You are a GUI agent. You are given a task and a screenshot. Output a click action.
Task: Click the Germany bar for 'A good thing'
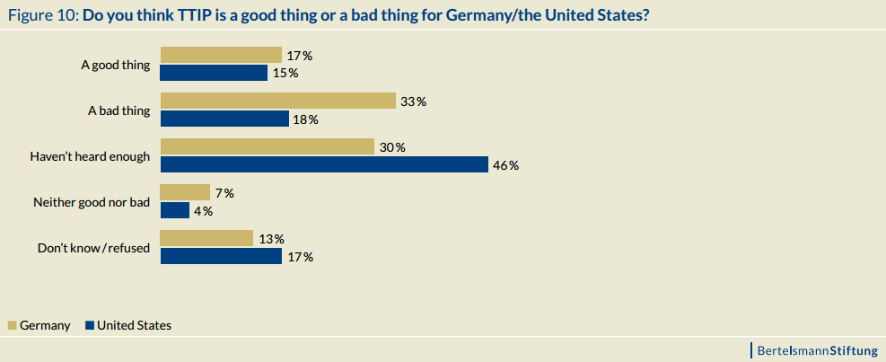(x=221, y=55)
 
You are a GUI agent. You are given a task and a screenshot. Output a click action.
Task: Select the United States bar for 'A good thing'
(x=214, y=73)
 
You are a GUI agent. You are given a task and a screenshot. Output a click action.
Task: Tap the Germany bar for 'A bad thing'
(x=277, y=101)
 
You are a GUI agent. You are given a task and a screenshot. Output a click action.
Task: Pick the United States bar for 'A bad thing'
(x=224, y=119)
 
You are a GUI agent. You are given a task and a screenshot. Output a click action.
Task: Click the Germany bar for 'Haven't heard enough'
(x=267, y=146)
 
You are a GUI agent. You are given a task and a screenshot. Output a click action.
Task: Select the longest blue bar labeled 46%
(x=324, y=164)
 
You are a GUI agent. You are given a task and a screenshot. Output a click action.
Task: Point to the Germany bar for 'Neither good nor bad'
(x=184, y=192)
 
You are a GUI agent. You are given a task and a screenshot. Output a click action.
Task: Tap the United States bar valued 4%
(x=175, y=210)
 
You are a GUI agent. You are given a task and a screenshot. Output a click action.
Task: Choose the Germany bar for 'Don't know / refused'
(x=206, y=238)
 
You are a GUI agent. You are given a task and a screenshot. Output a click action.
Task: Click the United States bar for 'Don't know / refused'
(x=221, y=256)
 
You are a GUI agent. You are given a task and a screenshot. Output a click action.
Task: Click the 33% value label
(x=413, y=102)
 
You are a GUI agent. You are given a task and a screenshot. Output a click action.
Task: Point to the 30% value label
(x=392, y=147)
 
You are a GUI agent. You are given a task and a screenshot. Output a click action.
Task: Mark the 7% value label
(x=224, y=193)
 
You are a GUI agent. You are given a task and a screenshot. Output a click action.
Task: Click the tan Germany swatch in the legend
(x=12, y=326)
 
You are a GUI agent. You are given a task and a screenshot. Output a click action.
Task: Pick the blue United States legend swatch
(x=90, y=326)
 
